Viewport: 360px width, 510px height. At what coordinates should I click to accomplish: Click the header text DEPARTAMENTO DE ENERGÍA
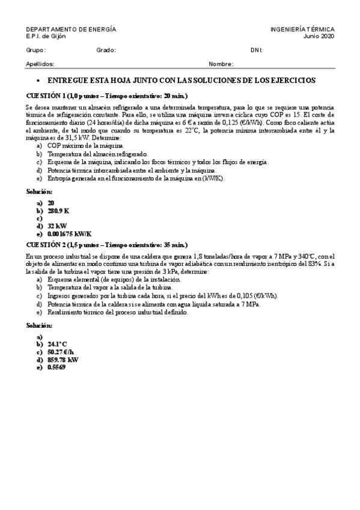pyautogui.click(x=71, y=29)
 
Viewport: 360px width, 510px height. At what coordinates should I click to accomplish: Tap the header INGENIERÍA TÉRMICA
pyautogui.click(x=302, y=29)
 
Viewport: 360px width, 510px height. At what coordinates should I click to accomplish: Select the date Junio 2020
pyautogui.click(x=319, y=36)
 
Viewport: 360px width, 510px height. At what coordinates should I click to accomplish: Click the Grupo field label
pyautogui.click(x=36, y=51)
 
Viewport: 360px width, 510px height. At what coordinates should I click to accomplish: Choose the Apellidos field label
pyautogui.click(x=40, y=64)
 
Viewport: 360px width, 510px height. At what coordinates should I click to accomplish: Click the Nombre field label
pyautogui.click(x=221, y=64)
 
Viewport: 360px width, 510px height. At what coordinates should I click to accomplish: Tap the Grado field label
pyautogui.click(x=106, y=51)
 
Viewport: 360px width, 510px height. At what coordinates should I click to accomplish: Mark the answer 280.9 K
pyautogui.click(x=59, y=211)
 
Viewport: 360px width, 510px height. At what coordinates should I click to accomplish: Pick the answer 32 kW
pyautogui.click(x=57, y=226)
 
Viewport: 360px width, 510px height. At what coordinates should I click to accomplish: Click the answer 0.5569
pyautogui.click(x=56, y=367)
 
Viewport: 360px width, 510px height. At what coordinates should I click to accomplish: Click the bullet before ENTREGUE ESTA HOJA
pyautogui.click(x=38, y=81)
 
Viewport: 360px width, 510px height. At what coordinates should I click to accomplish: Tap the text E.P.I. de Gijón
pyautogui.click(x=46, y=36)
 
